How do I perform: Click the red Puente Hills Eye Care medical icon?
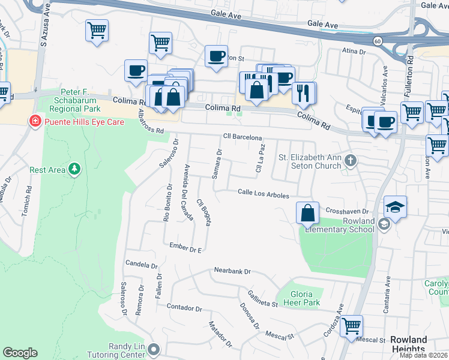click(35, 122)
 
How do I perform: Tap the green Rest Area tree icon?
click(74, 170)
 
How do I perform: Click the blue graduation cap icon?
click(396, 206)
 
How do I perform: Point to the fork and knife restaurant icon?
click(303, 92)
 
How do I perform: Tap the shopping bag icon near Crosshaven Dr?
click(307, 212)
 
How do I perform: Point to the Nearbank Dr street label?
click(232, 272)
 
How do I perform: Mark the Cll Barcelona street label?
click(243, 137)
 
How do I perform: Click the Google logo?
click(20, 353)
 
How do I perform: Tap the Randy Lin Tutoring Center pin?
click(154, 349)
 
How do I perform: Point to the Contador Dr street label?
click(185, 308)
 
